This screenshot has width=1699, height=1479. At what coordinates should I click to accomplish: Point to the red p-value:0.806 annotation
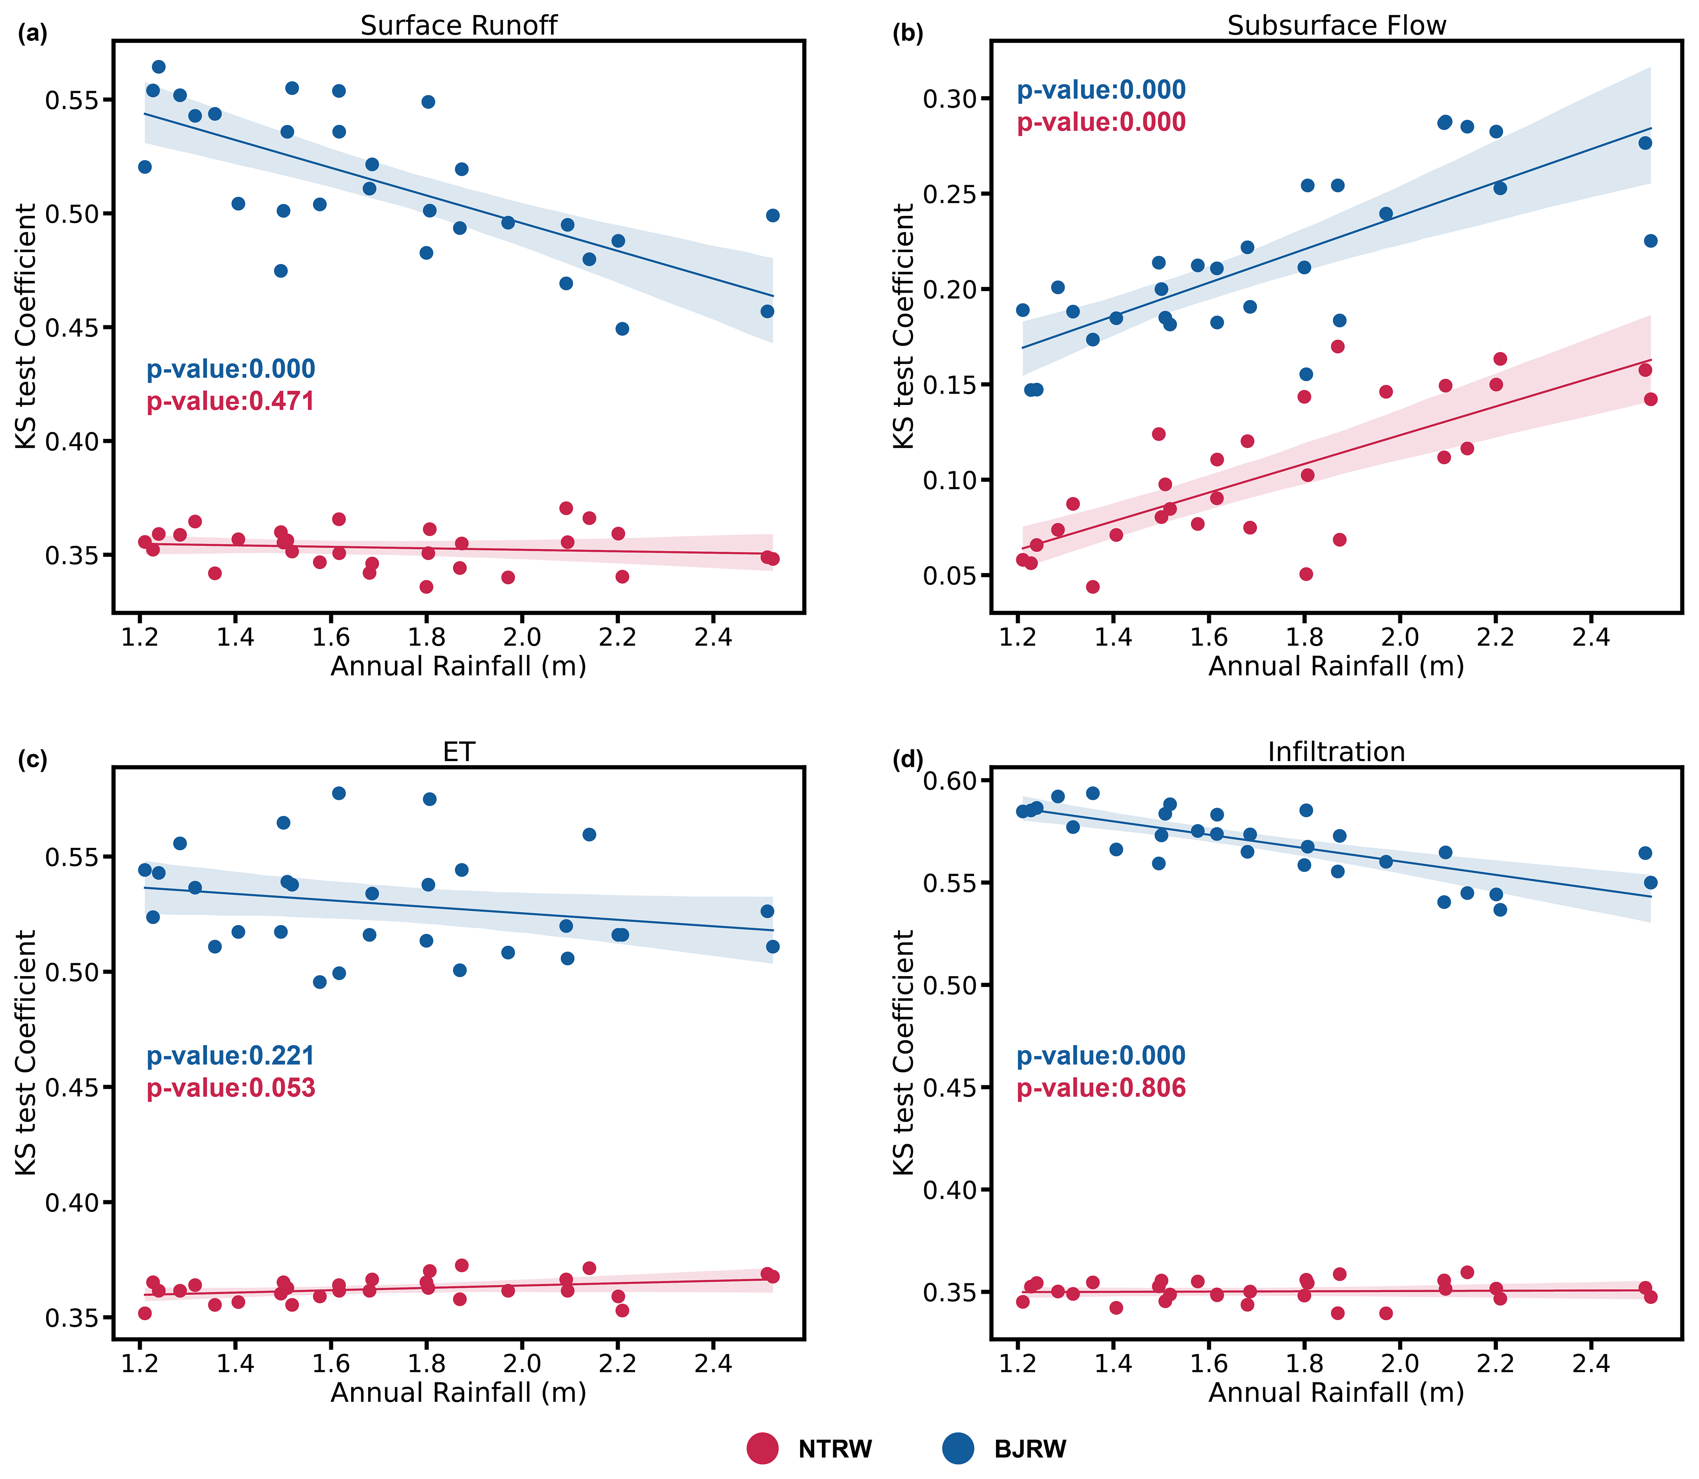click(x=1101, y=1088)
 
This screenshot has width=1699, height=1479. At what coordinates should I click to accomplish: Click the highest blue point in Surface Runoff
click(x=158, y=67)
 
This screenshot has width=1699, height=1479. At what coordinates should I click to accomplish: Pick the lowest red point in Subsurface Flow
click(x=1093, y=587)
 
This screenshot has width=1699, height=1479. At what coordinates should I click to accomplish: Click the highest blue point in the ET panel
click(x=338, y=793)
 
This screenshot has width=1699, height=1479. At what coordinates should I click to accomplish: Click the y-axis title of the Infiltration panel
click(x=904, y=1052)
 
